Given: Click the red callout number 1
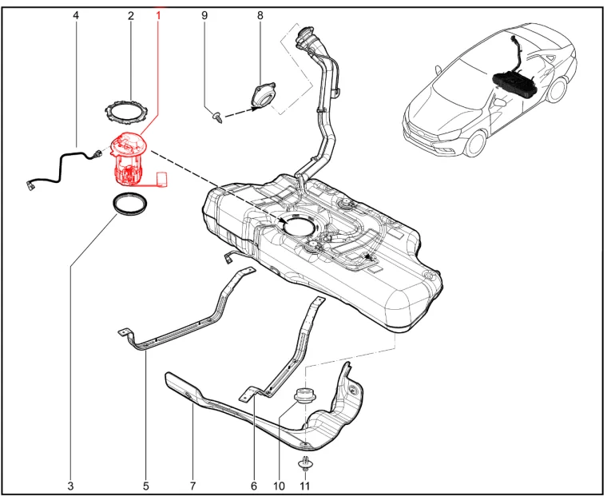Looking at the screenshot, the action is point(158,16).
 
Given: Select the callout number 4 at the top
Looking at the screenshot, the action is point(76,16).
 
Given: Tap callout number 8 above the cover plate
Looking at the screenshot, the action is point(260,16).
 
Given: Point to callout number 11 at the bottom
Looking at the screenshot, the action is point(305,486).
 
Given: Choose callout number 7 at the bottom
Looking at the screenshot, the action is point(192,486).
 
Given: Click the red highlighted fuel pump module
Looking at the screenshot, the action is point(129,159).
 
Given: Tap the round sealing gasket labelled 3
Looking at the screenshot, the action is point(130,204).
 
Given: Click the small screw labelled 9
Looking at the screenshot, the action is point(216,117).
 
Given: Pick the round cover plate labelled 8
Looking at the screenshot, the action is point(264,96).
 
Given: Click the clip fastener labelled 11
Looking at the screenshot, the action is point(305,464).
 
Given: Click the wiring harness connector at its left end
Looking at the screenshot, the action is point(31,185).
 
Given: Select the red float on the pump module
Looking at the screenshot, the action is point(162,180).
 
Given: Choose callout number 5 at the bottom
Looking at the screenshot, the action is point(146,486).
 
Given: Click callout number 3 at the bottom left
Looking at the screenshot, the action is point(70,486).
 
